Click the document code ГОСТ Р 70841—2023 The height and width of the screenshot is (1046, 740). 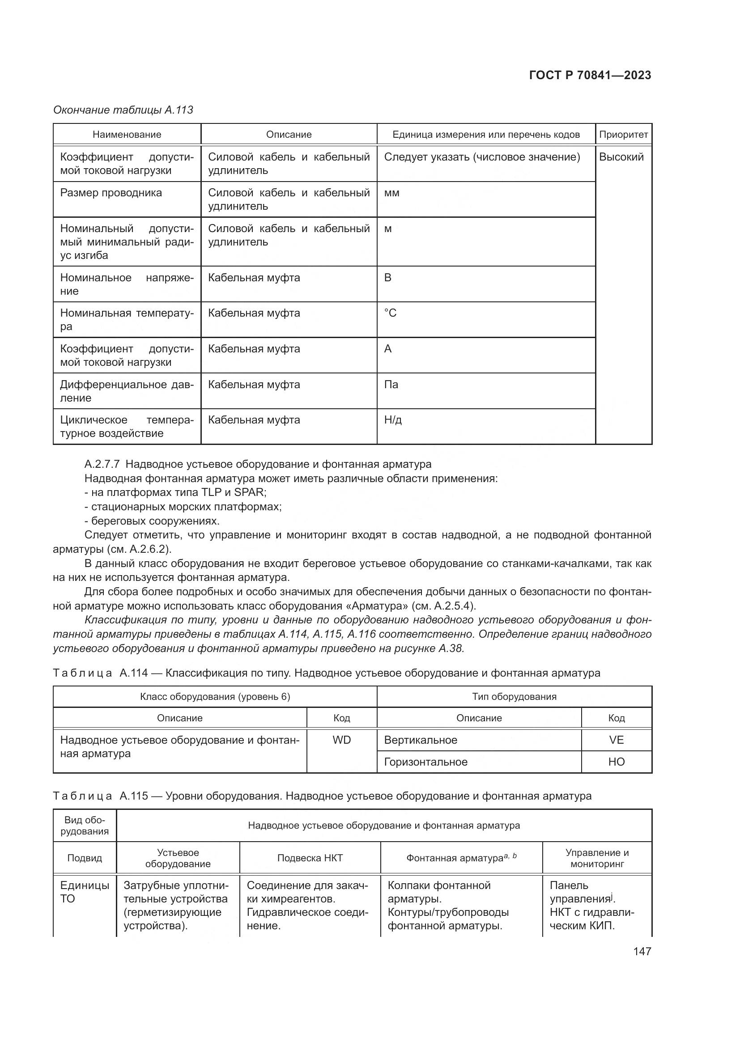point(590,75)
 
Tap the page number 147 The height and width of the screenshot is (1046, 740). point(642,951)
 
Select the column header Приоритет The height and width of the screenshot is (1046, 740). point(623,135)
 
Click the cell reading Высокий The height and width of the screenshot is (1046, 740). point(621,157)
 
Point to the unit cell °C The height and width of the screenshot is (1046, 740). point(390,313)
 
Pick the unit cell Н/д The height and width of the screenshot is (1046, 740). point(393,419)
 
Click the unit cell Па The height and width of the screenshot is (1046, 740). point(391,385)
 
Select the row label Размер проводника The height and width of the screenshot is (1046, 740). point(111,193)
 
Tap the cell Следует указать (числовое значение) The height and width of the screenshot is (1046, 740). point(482,157)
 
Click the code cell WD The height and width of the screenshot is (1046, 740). point(341,740)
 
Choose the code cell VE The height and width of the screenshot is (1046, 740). point(616,740)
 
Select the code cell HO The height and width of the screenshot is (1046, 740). point(616,762)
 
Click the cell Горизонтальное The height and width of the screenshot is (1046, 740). point(425,762)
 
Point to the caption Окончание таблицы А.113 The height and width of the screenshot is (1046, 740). point(123,110)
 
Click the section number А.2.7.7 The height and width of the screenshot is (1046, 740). point(102,464)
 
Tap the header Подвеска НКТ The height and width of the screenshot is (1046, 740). point(310,858)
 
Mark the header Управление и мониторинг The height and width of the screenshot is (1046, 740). point(596,858)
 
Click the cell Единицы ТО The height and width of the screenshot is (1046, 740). point(84,892)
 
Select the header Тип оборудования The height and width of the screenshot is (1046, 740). point(514,696)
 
